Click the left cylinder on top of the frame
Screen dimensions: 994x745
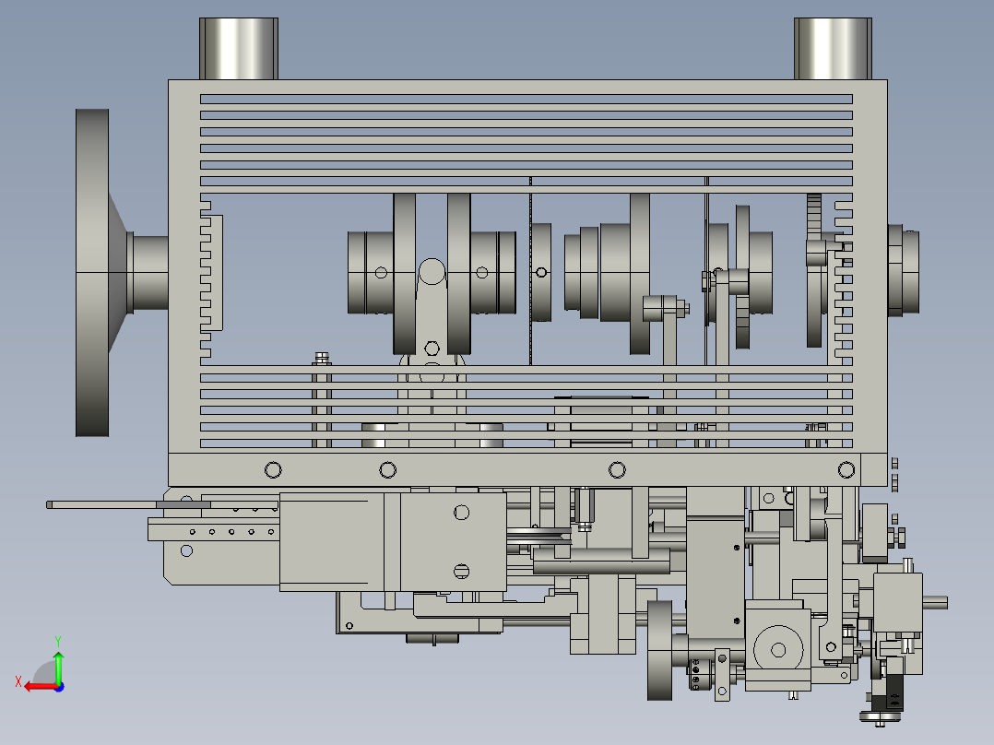[238, 49]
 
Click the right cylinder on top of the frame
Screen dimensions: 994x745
[833, 49]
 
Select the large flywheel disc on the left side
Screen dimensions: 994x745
[92, 273]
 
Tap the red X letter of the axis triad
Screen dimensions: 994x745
[18, 681]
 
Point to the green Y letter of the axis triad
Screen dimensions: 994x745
[58, 641]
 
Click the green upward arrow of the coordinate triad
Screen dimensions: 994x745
[58, 668]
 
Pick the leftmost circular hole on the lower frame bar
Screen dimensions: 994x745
[273, 470]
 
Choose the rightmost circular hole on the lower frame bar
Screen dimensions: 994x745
[846, 470]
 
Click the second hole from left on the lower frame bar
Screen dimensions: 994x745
[388, 470]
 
